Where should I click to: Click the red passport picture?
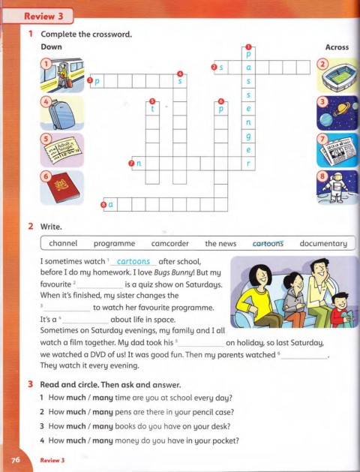(62, 188)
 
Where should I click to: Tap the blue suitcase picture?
(62, 113)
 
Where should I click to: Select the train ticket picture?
(62, 150)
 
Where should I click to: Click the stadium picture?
(337, 75)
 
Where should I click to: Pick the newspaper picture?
(337, 150)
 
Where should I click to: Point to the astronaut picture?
(337, 188)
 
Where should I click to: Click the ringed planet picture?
(337, 113)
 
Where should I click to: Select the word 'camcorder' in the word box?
(170, 243)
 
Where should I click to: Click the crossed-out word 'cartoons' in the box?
(268, 243)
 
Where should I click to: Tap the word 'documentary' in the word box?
(323, 244)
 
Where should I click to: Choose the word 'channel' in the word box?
(63, 243)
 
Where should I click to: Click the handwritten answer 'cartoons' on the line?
(133, 261)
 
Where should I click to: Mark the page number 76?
(15, 460)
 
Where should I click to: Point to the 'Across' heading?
(337, 47)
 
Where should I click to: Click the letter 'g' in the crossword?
(248, 137)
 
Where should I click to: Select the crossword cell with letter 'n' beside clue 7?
(139, 164)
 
